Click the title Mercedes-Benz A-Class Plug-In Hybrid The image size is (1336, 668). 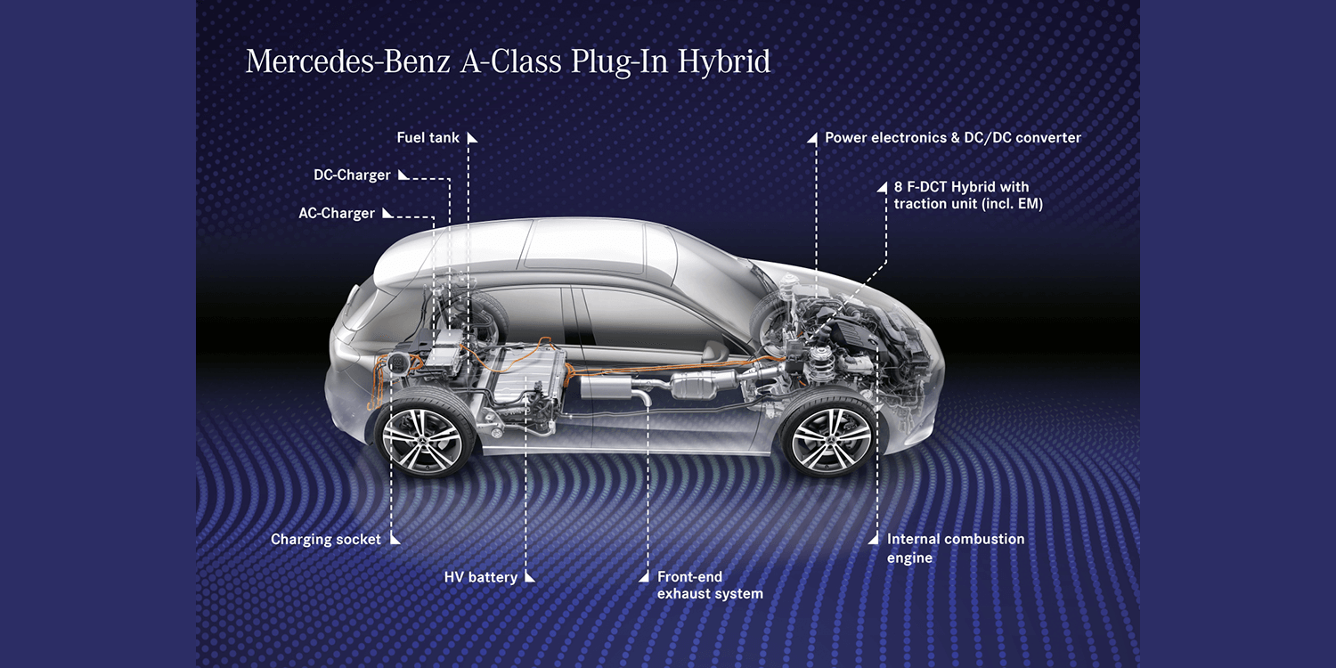coord(509,62)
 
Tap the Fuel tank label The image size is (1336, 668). coord(428,138)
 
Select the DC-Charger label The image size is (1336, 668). coord(352,175)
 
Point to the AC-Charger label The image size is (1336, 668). coord(337,214)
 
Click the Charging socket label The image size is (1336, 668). coord(326,539)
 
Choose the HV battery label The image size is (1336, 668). coord(481,577)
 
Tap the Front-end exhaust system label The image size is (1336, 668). coord(710,585)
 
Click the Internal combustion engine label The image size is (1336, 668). coord(956,548)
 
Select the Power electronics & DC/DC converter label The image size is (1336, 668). coord(952,138)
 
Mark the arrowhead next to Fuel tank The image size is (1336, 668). coord(472,138)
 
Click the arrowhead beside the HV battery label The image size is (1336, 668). coord(530,577)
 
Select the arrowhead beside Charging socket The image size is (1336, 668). coord(395,539)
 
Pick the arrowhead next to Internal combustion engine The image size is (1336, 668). coord(873,539)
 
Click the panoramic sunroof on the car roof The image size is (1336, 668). coord(583,245)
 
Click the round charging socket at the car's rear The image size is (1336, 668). coord(395,363)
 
